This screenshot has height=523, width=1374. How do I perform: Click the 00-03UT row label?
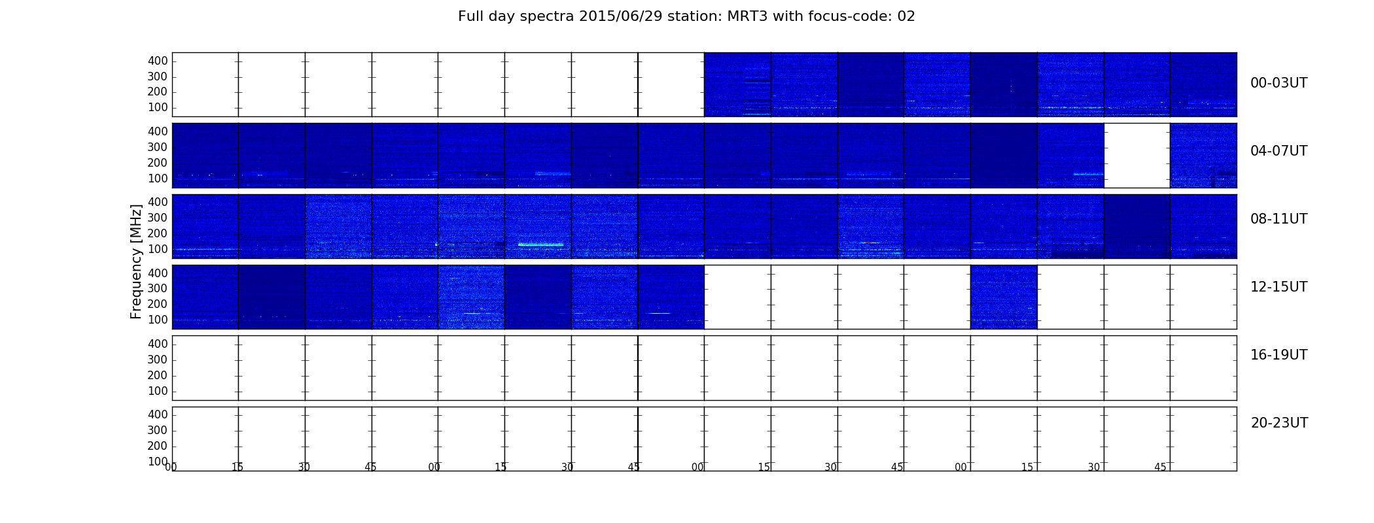click(x=1278, y=83)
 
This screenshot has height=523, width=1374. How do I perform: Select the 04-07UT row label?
click(x=1278, y=151)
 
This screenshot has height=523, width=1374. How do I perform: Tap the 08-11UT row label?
click(x=1278, y=219)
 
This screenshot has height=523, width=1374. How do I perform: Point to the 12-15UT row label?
click(x=1278, y=287)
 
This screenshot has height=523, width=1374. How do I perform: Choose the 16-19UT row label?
click(x=1278, y=355)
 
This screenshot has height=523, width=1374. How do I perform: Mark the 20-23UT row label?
click(x=1279, y=423)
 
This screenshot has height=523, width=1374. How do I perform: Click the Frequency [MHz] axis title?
click(x=136, y=261)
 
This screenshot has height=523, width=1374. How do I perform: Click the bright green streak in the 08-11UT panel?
click(x=540, y=245)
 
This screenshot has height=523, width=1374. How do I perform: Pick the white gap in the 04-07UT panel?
click(x=1137, y=156)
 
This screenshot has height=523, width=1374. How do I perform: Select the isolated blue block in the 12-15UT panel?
click(x=1004, y=297)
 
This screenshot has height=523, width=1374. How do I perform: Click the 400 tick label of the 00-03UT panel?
click(x=158, y=61)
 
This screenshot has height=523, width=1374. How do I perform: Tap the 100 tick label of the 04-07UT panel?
click(x=158, y=178)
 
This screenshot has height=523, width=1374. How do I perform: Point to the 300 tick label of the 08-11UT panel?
click(x=158, y=218)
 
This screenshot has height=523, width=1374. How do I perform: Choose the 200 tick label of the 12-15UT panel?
click(x=158, y=305)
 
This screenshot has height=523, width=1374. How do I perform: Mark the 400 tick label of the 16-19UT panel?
click(x=158, y=345)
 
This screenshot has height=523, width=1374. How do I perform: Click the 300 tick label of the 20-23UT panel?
click(x=158, y=431)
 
